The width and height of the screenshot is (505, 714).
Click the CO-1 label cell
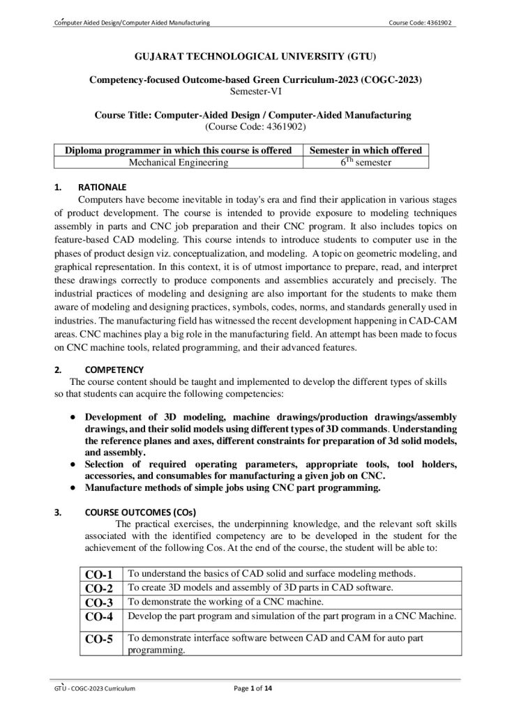(x=99, y=575)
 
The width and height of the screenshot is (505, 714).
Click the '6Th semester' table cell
(x=365, y=162)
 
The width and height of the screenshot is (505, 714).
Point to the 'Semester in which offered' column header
(x=365, y=151)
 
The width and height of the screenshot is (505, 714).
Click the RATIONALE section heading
(x=102, y=188)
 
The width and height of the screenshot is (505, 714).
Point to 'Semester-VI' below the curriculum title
(x=252, y=91)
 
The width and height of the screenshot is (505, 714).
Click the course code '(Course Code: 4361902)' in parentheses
(x=252, y=127)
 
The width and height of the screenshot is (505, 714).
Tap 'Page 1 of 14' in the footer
(x=252, y=689)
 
